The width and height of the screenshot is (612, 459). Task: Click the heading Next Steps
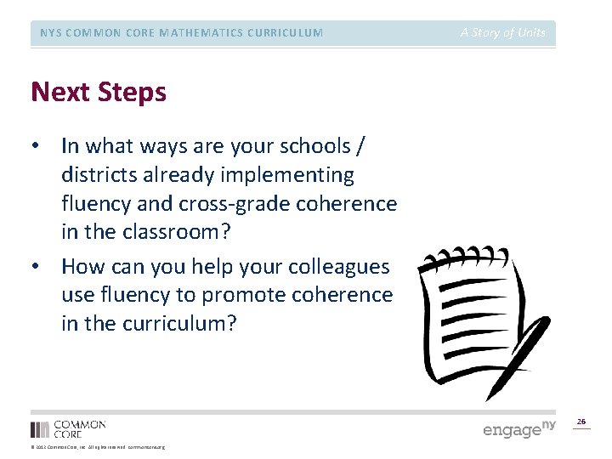point(99,92)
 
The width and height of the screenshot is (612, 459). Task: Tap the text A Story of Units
point(503,33)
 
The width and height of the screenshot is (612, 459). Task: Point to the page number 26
point(581,422)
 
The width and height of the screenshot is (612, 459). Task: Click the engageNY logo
point(518,428)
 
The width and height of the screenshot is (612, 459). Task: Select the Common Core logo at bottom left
point(68,428)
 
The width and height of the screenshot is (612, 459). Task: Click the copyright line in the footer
point(98,447)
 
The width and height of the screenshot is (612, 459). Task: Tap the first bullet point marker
point(35,146)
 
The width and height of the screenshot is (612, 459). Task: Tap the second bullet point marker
point(35,267)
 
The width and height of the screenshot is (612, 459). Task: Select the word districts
point(96,175)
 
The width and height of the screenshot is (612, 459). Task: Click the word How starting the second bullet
point(82,267)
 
